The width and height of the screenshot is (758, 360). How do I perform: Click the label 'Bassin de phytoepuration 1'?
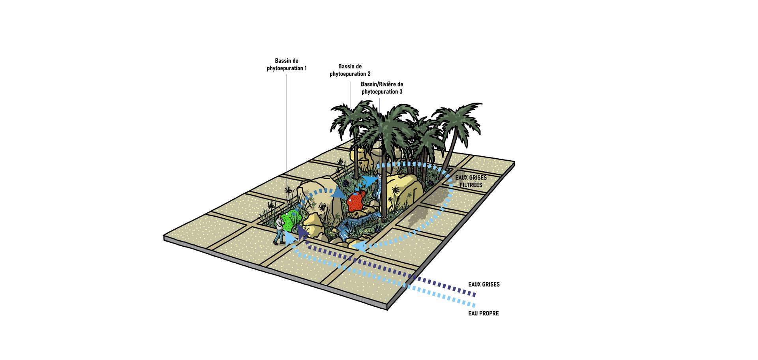coord(287,65)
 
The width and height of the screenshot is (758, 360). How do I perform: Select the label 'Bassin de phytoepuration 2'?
coord(350,70)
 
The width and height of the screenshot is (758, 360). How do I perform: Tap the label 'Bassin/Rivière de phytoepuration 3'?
coord(382,88)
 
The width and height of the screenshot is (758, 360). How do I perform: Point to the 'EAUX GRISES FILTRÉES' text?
coord(471,182)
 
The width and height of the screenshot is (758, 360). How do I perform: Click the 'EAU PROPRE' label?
coord(483,313)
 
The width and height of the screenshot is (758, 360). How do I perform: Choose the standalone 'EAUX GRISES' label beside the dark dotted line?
coord(484,284)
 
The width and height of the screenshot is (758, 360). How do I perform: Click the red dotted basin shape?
coord(355,201)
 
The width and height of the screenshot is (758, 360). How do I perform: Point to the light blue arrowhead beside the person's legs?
coord(290,237)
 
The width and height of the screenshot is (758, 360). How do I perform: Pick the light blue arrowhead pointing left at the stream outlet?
coord(358,246)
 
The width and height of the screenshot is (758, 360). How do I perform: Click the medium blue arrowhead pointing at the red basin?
coord(338,193)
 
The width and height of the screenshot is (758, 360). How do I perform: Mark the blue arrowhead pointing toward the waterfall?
coord(370,182)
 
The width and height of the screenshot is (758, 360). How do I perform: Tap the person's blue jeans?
coord(279,237)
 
